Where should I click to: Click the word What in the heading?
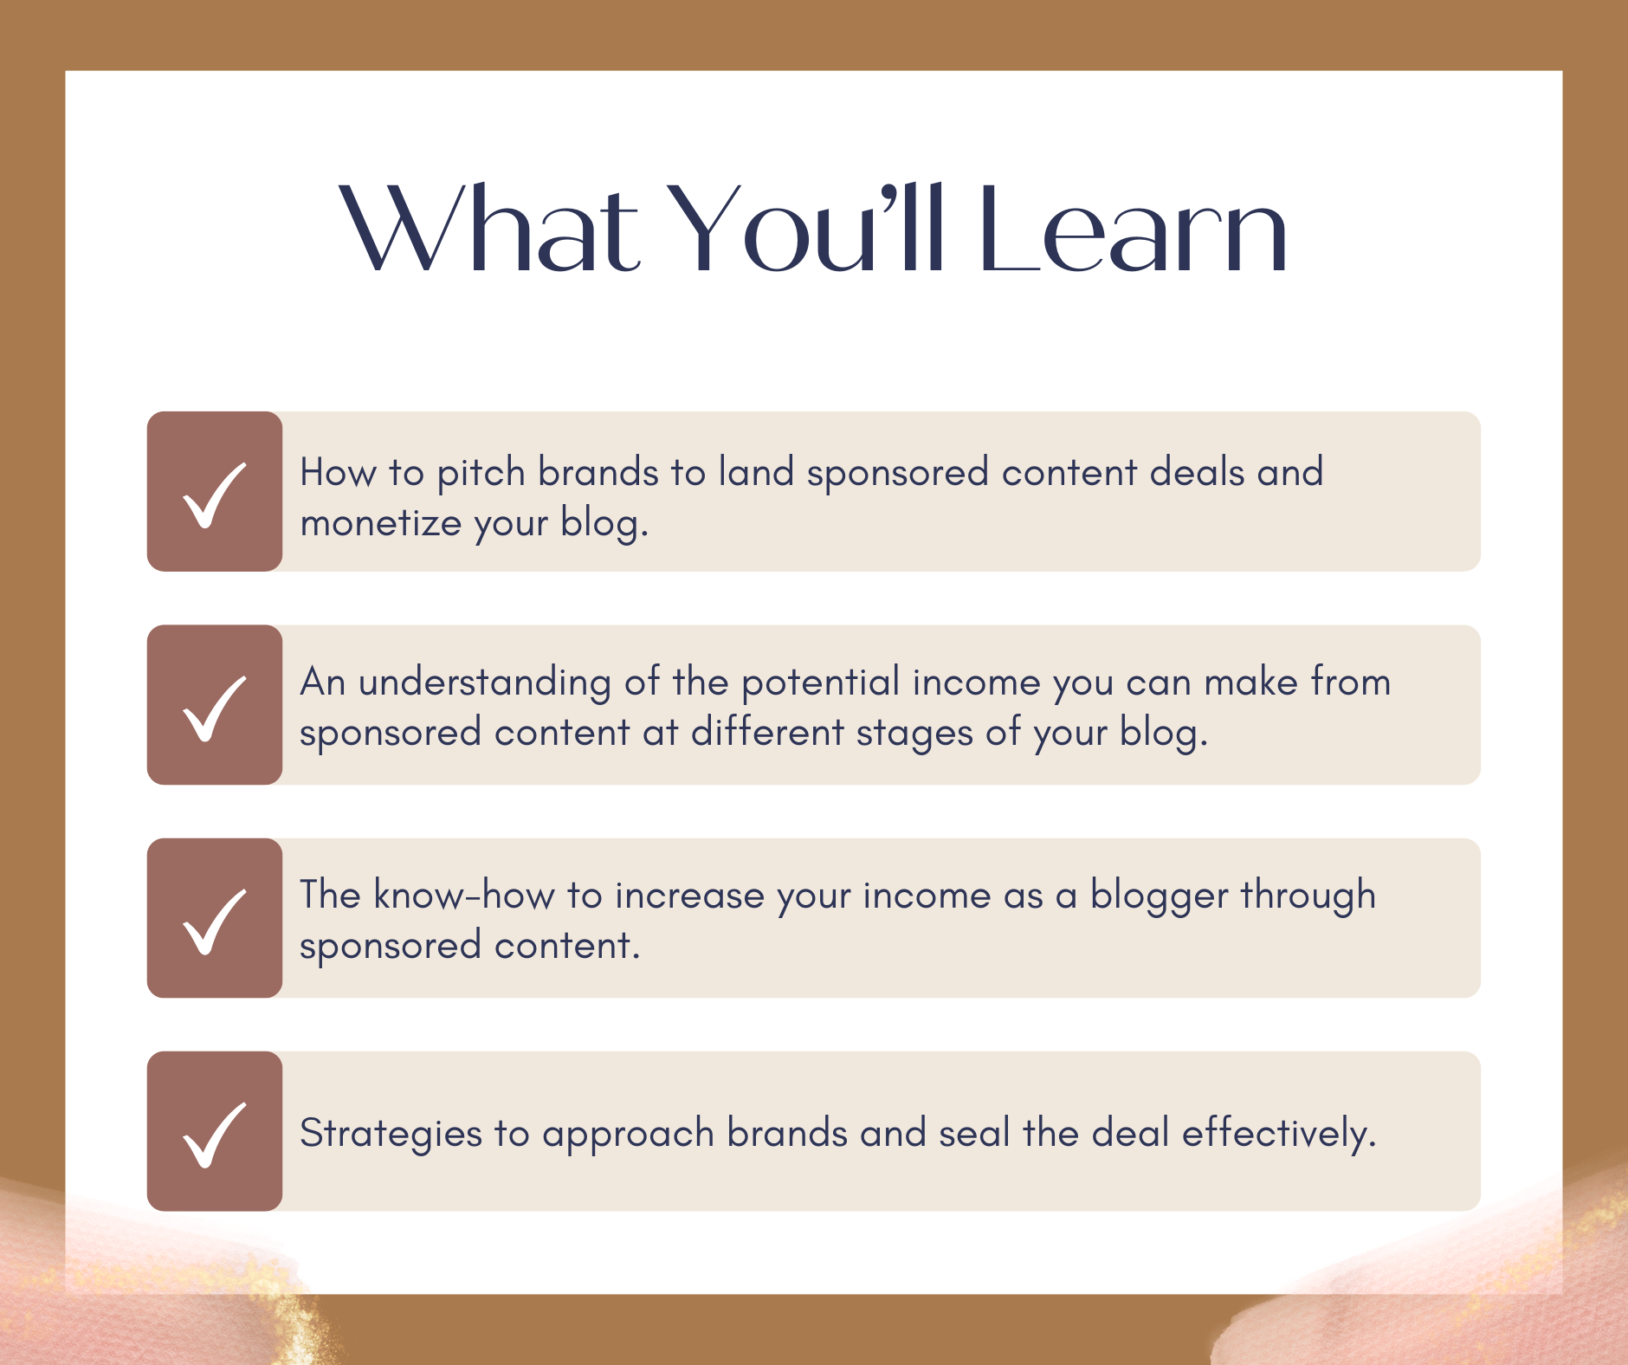[489, 230]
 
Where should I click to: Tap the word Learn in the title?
[1134, 230]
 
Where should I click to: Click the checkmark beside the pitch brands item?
[215, 495]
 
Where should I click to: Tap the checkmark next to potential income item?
[215, 708]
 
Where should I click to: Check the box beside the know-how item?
[215, 922]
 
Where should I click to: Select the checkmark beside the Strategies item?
[215, 1135]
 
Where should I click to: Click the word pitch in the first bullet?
[481, 475]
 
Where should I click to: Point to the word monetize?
[381, 523]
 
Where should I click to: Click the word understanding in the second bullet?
[485, 684]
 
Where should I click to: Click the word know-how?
[464, 896]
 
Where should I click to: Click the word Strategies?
[391, 1135]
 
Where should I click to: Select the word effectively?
[1279, 1135]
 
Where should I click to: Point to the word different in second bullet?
[767, 733]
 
